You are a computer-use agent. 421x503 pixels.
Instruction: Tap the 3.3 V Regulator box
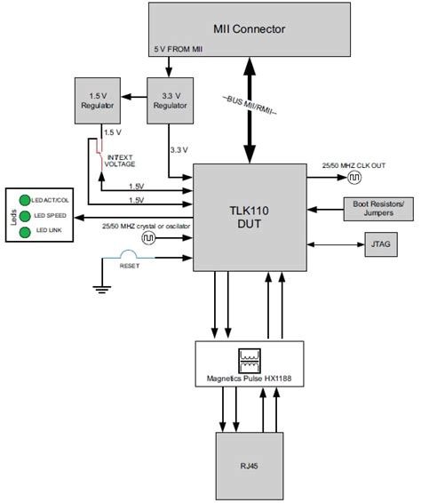(168, 100)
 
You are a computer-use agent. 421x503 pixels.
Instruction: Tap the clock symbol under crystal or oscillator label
(146, 240)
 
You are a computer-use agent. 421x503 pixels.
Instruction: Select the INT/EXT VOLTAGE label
(121, 161)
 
